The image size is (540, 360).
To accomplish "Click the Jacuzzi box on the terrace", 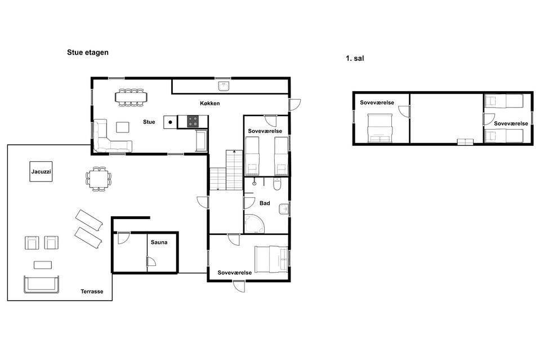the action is point(41,172).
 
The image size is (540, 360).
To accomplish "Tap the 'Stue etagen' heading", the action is point(88,52).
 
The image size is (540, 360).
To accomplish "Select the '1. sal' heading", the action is point(355,58).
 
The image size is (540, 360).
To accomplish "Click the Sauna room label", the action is point(159,242).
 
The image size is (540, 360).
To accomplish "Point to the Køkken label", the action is point(209,103).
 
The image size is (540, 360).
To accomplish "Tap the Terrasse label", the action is point(92,291).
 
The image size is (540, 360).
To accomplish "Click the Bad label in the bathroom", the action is point(265,203).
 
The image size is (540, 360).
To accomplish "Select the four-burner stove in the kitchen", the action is point(193,122).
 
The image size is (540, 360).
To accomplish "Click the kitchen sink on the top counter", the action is point(224,86).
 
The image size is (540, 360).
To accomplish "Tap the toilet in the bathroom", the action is point(277,184).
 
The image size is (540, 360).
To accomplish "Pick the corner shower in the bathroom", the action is point(254,224).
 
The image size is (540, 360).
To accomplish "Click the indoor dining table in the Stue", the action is point(131,97).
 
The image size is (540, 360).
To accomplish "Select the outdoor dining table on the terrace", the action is point(99,179).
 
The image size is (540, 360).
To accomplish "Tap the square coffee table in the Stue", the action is point(123,127).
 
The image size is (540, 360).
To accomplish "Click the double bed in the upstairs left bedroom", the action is point(380,128).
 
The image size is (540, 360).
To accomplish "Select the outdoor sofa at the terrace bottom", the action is point(41,285).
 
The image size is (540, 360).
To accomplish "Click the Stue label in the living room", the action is point(149,122).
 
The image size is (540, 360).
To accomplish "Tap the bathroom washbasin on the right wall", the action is point(284,209).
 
